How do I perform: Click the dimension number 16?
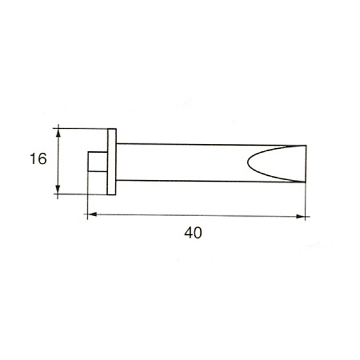pos(38,159)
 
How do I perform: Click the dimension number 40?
pos(193,233)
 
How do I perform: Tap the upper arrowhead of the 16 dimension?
pos(58,133)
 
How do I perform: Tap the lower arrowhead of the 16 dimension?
pos(58,190)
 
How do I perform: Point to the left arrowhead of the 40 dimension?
pos(92,214)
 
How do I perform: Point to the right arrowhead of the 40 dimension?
pos(300,216)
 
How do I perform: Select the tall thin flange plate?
pos(112,162)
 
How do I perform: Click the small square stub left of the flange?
pos(97,161)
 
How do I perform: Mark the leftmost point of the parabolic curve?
pos(248,162)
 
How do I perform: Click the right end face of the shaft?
pos(306,164)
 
